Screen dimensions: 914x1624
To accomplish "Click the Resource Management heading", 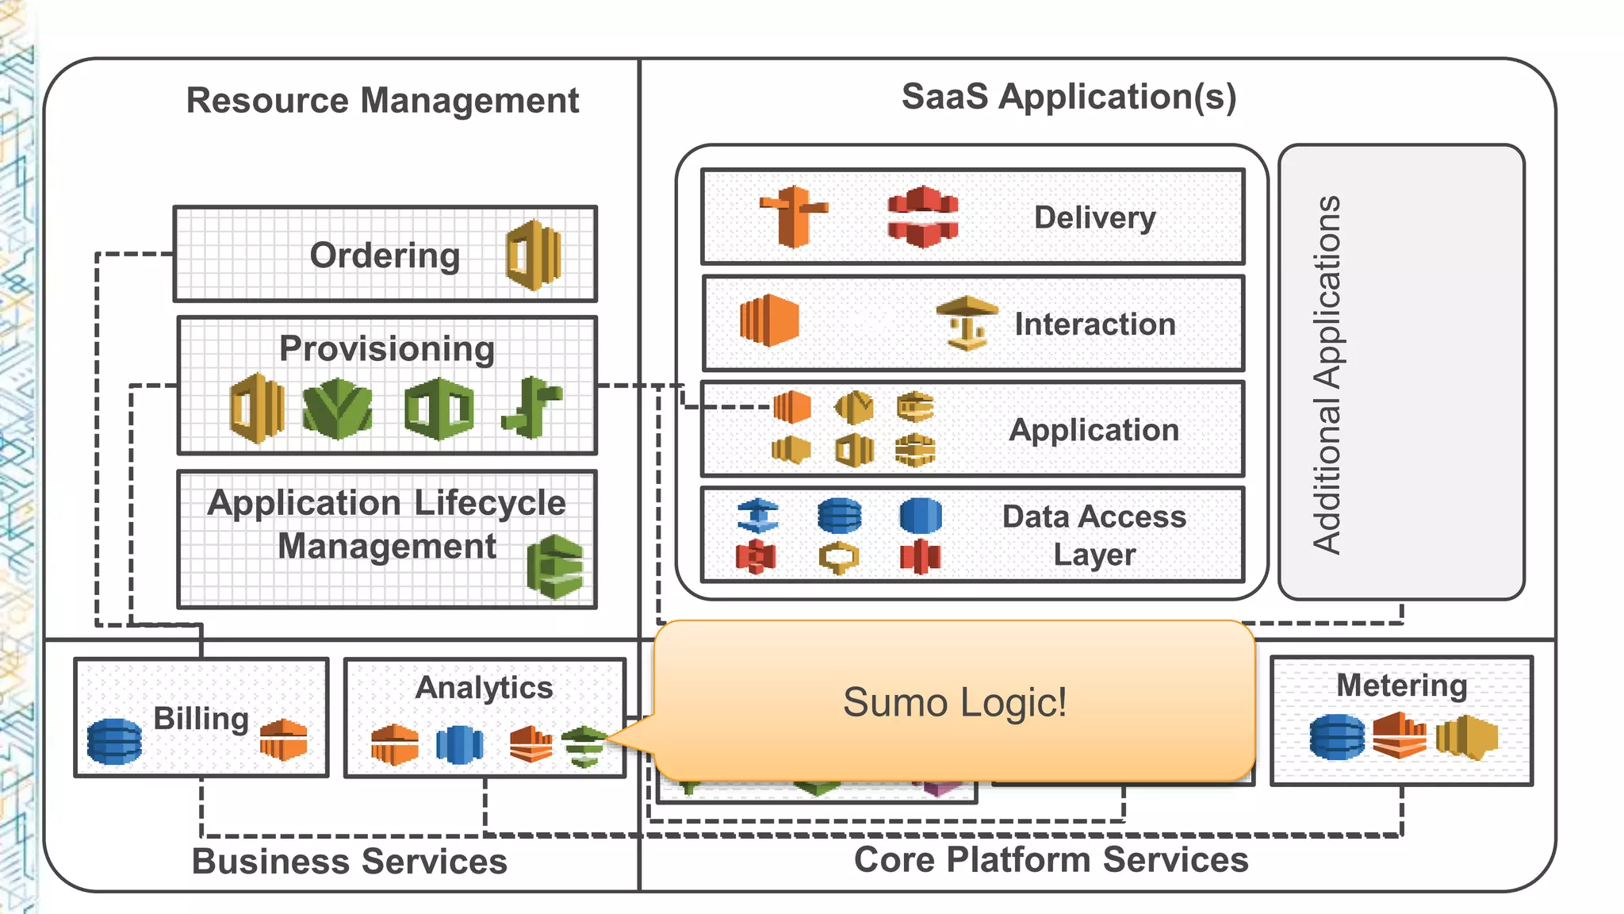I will [382, 101].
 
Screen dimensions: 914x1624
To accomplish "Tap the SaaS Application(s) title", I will [1068, 97].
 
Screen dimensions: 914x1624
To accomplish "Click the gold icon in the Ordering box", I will [534, 255].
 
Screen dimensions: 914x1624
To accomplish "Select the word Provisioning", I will [387, 349].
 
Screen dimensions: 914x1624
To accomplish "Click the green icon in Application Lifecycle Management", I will [555, 566].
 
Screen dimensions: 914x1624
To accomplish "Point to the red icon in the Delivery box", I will [922, 217].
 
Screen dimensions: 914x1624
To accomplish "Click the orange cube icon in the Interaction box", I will [768, 321].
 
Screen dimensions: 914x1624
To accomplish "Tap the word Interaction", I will [1094, 325].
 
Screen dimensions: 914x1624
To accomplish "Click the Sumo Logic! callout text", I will [954, 702].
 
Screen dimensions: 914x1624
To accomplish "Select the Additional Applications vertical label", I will [1326, 374].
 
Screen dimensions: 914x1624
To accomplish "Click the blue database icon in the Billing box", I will [114, 741].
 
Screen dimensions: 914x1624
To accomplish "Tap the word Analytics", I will [484, 687].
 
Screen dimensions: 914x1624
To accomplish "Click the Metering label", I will [1401, 685].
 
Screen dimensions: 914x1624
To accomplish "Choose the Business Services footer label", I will [350, 862].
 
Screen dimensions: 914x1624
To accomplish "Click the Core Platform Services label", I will [1051, 860].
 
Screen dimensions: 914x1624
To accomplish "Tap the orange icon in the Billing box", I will [283, 739].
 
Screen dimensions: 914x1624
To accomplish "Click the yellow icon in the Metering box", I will [1466, 737].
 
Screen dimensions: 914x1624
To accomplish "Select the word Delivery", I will [1094, 217].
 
